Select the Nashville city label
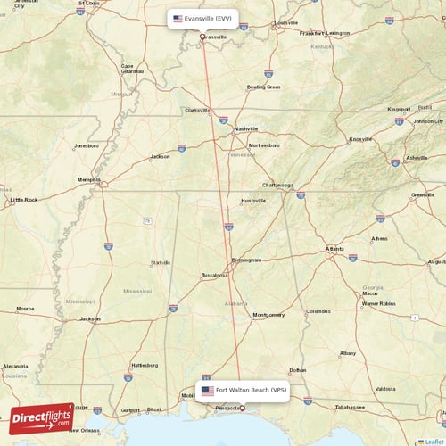pyautogui.click(x=245, y=128)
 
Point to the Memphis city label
pyautogui.click(x=89, y=179)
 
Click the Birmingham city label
pyautogui.click(x=246, y=260)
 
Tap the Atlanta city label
pyautogui.click(x=334, y=248)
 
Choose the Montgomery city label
pyautogui.click(x=268, y=314)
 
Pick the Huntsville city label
pyautogui.click(x=253, y=201)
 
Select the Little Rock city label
pyautogui.click(x=24, y=200)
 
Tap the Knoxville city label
pyautogui.click(x=360, y=139)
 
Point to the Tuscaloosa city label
pyautogui.click(x=214, y=275)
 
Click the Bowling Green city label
pyautogui.click(x=263, y=87)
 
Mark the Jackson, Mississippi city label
pyautogui.click(x=90, y=318)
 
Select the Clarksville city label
pyautogui.click(x=196, y=111)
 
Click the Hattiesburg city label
pyautogui.click(x=144, y=366)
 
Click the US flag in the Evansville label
pyautogui.click(x=178, y=18)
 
